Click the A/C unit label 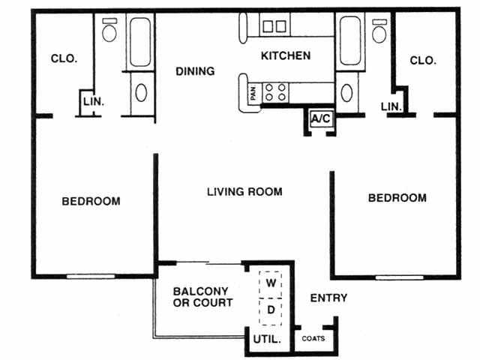[x=322, y=118]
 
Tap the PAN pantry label [x=253, y=92]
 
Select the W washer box [x=271, y=284]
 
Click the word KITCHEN [x=285, y=56]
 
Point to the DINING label [x=195, y=71]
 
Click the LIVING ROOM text [x=244, y=192]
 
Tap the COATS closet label [x=313, y=338]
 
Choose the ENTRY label [x=328, y=298]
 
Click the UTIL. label [x=268, y=340]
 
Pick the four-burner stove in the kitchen [x=276, y=91]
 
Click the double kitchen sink [x=274, y=26]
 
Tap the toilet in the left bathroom [x=109, y=31]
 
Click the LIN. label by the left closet [x=93, y=100]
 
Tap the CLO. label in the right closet [x=423, y=61]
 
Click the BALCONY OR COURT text [x=202, y=297]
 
